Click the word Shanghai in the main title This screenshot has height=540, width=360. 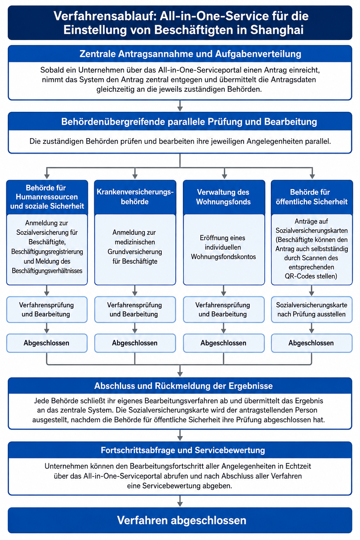(x=277, y=30)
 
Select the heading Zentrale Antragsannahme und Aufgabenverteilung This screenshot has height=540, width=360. (x=190, y=54)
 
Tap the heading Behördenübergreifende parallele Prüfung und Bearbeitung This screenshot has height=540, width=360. (x=189, y=122)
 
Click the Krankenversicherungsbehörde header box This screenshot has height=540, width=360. (x=135, y=197)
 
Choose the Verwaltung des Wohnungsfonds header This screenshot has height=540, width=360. (x=224, y=197)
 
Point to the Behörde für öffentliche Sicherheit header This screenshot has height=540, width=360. (x=312, y=197)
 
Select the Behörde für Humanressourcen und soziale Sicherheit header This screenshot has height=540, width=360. (x=47, y=197)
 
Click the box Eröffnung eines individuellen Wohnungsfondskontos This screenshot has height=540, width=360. (x=224, y=250)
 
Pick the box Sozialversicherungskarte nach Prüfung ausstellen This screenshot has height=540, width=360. (x=312, y=309)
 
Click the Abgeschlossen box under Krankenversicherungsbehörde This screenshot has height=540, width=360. (x=135, y=343)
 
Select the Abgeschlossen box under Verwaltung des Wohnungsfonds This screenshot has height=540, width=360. (x=224, y=343)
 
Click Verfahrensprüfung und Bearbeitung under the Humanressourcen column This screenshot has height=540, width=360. (x=47, y=309)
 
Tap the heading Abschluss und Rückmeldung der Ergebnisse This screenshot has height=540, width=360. (x=184, y=386)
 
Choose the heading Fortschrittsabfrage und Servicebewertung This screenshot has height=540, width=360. (x=183, y=450)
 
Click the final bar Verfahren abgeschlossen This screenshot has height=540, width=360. (x=180, y=520)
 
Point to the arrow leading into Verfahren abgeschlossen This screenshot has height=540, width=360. (x=180, y=501)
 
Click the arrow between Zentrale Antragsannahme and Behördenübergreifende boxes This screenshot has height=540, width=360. (x=180, y=106)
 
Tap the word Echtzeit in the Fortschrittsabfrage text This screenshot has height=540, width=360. (x=298, y=466)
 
